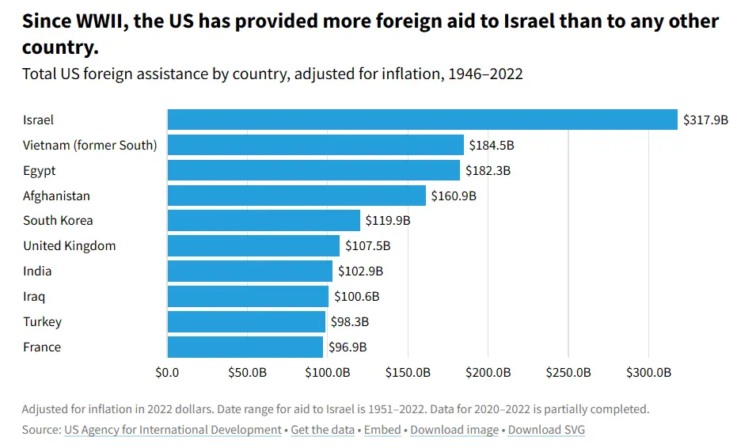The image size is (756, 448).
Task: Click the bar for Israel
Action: [x=422, y=120]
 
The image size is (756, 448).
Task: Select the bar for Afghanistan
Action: [x=296, y=196]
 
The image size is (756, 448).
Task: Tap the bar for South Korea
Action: [x=264, y=221]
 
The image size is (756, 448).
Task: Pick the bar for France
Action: [x=245, y=347]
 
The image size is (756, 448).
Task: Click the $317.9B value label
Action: [x=705, y=120]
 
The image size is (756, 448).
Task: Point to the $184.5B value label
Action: [x=492, y=146]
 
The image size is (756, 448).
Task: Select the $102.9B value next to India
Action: [x=360, y=271]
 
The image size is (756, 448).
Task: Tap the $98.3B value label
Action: [x=350, y=322]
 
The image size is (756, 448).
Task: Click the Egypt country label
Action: [x=40, y=171]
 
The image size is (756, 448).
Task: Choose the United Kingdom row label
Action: [x=70, y=246]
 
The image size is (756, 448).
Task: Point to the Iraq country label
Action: [x=34, y=297]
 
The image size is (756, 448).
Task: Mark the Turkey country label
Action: [x=42, y=322]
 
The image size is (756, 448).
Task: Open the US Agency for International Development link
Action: [x=173, y=430]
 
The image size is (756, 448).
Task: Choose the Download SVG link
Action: [x=546, y=430]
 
